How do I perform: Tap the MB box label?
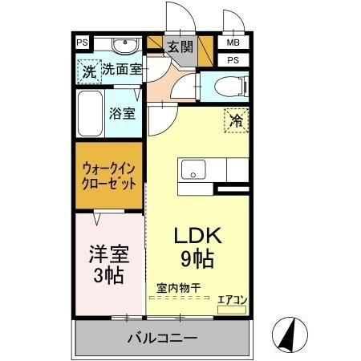point(233,43)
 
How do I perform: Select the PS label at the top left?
point(82,43)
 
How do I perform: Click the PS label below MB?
point(233,60)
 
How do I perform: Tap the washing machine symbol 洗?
point(89,71)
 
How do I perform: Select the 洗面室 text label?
point(121,69)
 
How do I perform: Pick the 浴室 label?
point(122,113)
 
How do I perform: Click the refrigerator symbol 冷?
point(236,120)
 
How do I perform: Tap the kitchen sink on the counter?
point(193,171)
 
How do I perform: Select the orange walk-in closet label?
point(108,176)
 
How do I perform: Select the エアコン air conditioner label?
point(233,300)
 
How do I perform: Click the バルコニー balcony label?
point(161,339)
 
